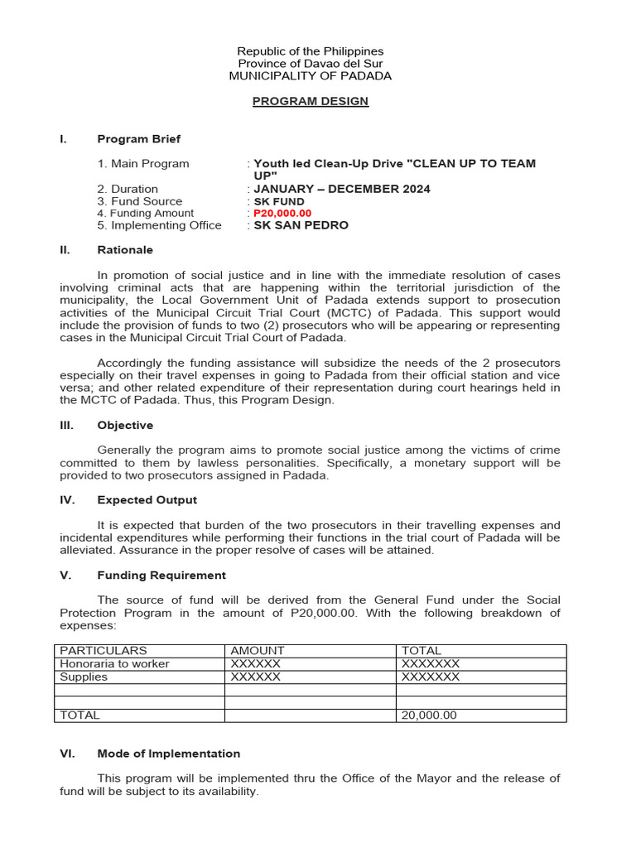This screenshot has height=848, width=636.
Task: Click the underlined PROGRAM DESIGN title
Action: click(x=311, y=101)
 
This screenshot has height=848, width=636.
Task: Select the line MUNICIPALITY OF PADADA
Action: click(x=311, y=76)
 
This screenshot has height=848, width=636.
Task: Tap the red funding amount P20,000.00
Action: click(x=282, y=213)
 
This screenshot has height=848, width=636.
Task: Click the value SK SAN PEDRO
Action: click(x=301, y=225)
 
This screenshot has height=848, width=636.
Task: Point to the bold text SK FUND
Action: click(x=279, y=201)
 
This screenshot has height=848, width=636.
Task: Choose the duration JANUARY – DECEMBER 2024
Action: click(x=342, y=189)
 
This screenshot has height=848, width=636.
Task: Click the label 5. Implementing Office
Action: click(x=159, y=225)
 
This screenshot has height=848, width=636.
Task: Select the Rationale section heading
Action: click(x=125, y=249)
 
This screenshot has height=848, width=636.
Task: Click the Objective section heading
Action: click(x=125, y=425)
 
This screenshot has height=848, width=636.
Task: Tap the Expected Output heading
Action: click(x=147, y=500)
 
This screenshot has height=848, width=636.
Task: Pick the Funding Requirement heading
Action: click(x=161, y=575)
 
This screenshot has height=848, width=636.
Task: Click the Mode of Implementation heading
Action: click(x=169, y=754)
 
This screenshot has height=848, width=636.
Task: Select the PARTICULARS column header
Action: click(x=103, y=651)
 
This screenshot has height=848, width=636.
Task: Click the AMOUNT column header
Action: click(x=258, y=651)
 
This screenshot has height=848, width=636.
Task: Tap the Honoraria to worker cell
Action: click(x=114, y=663)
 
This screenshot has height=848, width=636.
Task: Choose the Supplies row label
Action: click(x=84, y=677)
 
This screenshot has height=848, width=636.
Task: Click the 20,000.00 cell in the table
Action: click(x=429, y=715)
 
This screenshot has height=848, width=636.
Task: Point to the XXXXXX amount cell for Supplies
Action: click(x=256, y=677)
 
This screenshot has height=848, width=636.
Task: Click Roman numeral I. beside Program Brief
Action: click(x=63, y=139)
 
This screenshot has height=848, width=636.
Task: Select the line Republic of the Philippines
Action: click(x=311, y=51)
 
